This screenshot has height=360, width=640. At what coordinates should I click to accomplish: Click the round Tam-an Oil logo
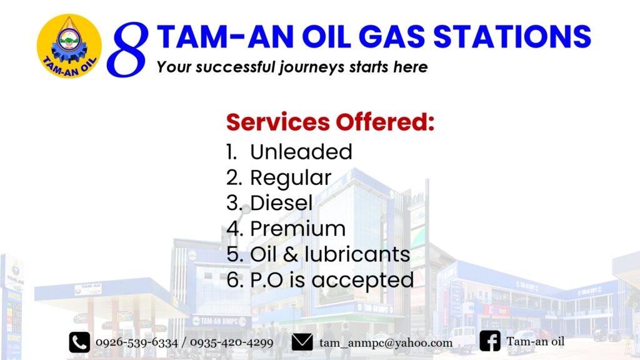(x=69, y=46)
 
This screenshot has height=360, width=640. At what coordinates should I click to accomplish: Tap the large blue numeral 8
(x=127, y=49)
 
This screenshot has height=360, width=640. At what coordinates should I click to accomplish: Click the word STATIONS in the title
(x=512, y=37)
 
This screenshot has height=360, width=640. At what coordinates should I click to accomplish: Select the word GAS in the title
(x=392, y=37)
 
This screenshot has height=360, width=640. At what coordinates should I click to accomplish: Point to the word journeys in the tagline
(x=312, y=67)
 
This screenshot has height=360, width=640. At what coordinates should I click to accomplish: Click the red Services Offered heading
(x=330, y=122)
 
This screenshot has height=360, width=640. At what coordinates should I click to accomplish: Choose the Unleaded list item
(x=289, y=152)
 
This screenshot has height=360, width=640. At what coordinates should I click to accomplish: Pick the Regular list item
(x=279, y=178)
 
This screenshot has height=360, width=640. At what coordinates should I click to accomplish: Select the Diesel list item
(x=269, y=203)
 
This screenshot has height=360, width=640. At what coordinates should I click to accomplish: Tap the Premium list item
(x=286, y=229)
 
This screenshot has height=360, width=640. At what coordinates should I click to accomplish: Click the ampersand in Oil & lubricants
(x=290, y=254)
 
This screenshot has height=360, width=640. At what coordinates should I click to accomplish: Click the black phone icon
(x=79, y=342)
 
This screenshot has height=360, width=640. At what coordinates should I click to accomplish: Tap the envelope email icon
(x=302, y=342)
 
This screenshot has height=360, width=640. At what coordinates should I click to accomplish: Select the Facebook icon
(x=490, y=341)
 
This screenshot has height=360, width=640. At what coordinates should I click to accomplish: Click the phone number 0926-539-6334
(x=137, y=342)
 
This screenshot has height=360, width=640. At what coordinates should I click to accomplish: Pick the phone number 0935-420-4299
(x=231, y=342)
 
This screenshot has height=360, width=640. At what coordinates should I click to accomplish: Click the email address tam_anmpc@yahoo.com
(x=386, y=343)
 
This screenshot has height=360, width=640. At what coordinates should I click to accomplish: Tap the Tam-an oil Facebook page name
(x=535, y=341)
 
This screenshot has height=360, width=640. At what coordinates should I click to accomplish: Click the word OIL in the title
(x=326, y=37)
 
